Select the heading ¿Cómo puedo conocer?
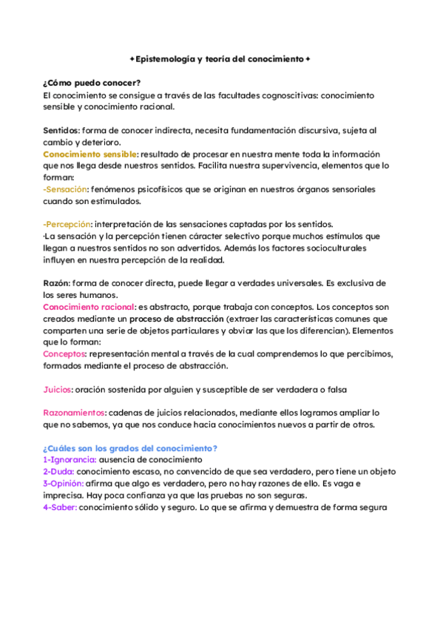point(92,83)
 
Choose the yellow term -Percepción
point(67,224)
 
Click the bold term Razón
point(57,282)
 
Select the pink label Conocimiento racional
point(89,306)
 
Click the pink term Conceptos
point(65,353)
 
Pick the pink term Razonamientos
point(74,413)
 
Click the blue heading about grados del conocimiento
point(129,448)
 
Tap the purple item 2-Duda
point(58,471)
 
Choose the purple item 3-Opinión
point(64,484)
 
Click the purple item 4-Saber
point(60,507)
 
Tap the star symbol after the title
point(308,58)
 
